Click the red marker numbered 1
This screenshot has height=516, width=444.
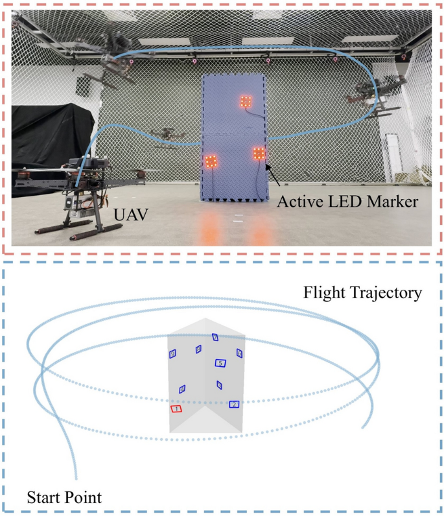click(x=176, y=409)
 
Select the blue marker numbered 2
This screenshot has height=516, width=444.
click(x=233, y=405)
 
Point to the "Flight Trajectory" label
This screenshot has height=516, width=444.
click(x=363, y=294)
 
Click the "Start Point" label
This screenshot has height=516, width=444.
click(x=64, y=498)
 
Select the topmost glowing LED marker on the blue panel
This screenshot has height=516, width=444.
click(x=246, y=100)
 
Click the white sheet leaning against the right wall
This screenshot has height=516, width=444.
click(x=393, y=159)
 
